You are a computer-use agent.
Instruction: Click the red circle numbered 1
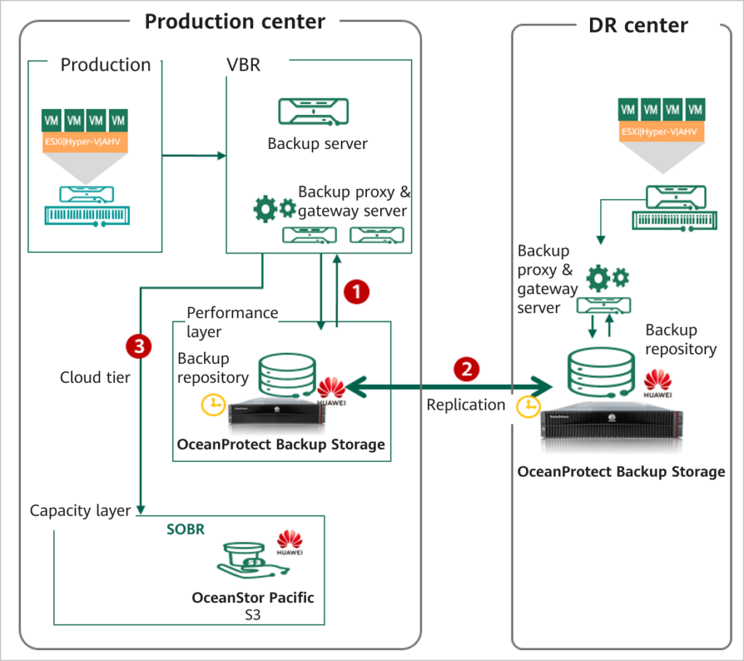coord(357,292)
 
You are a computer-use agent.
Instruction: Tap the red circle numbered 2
coord(466,369)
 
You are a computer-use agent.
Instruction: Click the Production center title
coord(235,21)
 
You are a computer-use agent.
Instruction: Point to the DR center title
coord(637,26)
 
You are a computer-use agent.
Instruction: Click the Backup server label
coord(318,143)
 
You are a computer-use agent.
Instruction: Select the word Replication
coord(466,405)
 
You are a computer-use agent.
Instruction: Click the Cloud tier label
coord(95,378)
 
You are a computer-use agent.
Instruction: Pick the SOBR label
coord(185,530)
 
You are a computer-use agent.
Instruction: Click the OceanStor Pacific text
coord(253,598)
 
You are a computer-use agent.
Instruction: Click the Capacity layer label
coord(80,511)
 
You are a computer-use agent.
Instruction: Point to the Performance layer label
coord(232,321)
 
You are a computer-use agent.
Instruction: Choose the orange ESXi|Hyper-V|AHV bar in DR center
coord(661,132)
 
